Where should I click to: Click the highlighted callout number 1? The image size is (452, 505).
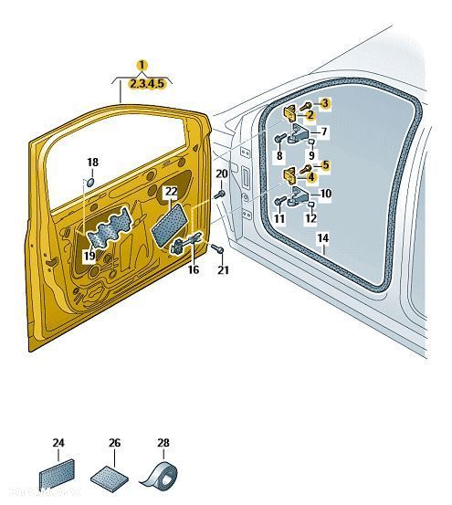tap(142, 66)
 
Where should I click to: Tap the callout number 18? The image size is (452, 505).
tap(93, 163)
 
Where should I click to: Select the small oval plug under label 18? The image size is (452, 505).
tap(90, 182)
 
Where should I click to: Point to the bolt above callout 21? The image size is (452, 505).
tap(217, 248)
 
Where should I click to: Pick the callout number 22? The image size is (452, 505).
tap(172, 192)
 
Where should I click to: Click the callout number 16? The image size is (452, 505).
tap(194, 269)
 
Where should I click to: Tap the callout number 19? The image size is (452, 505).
tap(89, 256)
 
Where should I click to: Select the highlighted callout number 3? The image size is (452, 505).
tap(325, 103)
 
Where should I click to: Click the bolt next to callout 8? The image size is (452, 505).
tap(279, 139)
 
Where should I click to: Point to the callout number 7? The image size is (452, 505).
tap(324, 132)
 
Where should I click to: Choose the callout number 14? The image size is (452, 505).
tap(323, 238)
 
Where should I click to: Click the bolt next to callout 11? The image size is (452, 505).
tap(279, 201)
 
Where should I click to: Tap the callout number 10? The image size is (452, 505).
tap(325, 194)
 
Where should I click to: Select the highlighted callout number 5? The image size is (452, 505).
tap(325, 165)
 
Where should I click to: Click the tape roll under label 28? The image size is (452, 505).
tap(160, 473)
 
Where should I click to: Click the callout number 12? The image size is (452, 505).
tap(311, 218)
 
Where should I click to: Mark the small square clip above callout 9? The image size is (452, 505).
tap(311, 142)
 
